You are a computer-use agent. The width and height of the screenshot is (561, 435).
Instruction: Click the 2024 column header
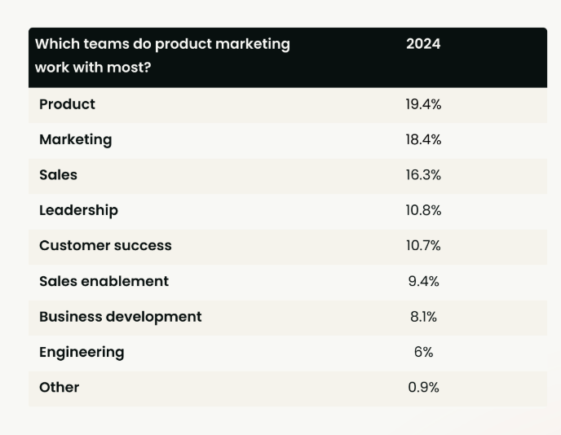click(x=423, y=44)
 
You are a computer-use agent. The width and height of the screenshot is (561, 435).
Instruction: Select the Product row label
click(x=67, y=104)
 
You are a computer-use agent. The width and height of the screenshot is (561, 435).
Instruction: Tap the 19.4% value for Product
click(x=423, y=104)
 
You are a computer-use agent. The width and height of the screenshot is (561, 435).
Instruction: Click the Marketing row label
click(x=75, y=139)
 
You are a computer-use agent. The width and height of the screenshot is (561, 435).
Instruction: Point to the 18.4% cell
click(x=423, y=139)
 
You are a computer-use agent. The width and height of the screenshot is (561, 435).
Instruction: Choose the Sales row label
click(x=58, y=175)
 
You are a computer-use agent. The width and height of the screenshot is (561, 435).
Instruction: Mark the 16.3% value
click(x=423, y=175)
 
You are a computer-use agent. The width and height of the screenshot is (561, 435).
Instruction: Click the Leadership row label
click(x=78, y=210)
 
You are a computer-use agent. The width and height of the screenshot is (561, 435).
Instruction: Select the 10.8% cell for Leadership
click(x=423, y=210)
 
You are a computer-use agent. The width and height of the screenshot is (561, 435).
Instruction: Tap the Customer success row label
click(x=105, y=245)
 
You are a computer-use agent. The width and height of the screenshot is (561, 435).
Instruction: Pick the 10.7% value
click(x=423, y=245)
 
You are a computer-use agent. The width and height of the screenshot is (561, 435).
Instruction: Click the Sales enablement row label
click(x=104, y=281)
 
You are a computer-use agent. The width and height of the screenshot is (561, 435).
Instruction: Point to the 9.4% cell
click(x=423, y=281)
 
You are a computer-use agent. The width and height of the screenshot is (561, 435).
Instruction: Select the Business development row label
click(x=120, y=316)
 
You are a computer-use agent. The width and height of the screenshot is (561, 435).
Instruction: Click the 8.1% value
click(x=423, y=316)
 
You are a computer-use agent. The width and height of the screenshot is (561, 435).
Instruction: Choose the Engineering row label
click(x=82, y=352)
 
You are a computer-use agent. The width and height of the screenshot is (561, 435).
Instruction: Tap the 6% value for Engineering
click(x=423, y=352)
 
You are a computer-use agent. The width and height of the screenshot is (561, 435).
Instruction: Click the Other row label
click(x=59, y=387)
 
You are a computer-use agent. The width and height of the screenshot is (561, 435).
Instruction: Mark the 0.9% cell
click(x=423, y=387)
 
